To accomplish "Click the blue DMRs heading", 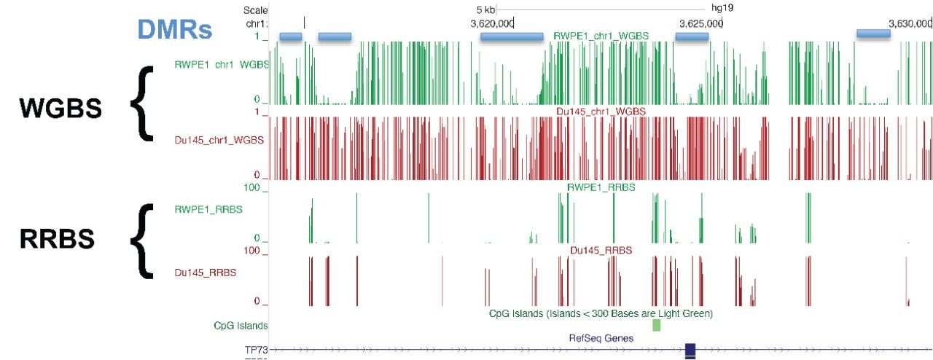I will [174, 30].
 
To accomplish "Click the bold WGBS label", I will [60, 109].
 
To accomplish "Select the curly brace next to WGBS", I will [144, 102].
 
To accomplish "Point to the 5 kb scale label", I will [485, 9].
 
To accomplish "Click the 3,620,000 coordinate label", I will [492, 23].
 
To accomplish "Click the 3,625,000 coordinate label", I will [701, 23].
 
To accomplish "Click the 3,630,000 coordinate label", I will [911, 23].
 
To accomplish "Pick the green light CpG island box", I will [656, 325].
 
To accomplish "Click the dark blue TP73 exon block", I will [690, 350].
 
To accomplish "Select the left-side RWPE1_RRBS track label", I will [208, 209].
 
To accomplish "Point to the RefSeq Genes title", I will [601, 338].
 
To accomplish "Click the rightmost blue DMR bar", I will [873, 34].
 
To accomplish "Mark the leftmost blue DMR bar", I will [290, 36].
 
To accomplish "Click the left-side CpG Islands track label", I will [241, 326].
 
